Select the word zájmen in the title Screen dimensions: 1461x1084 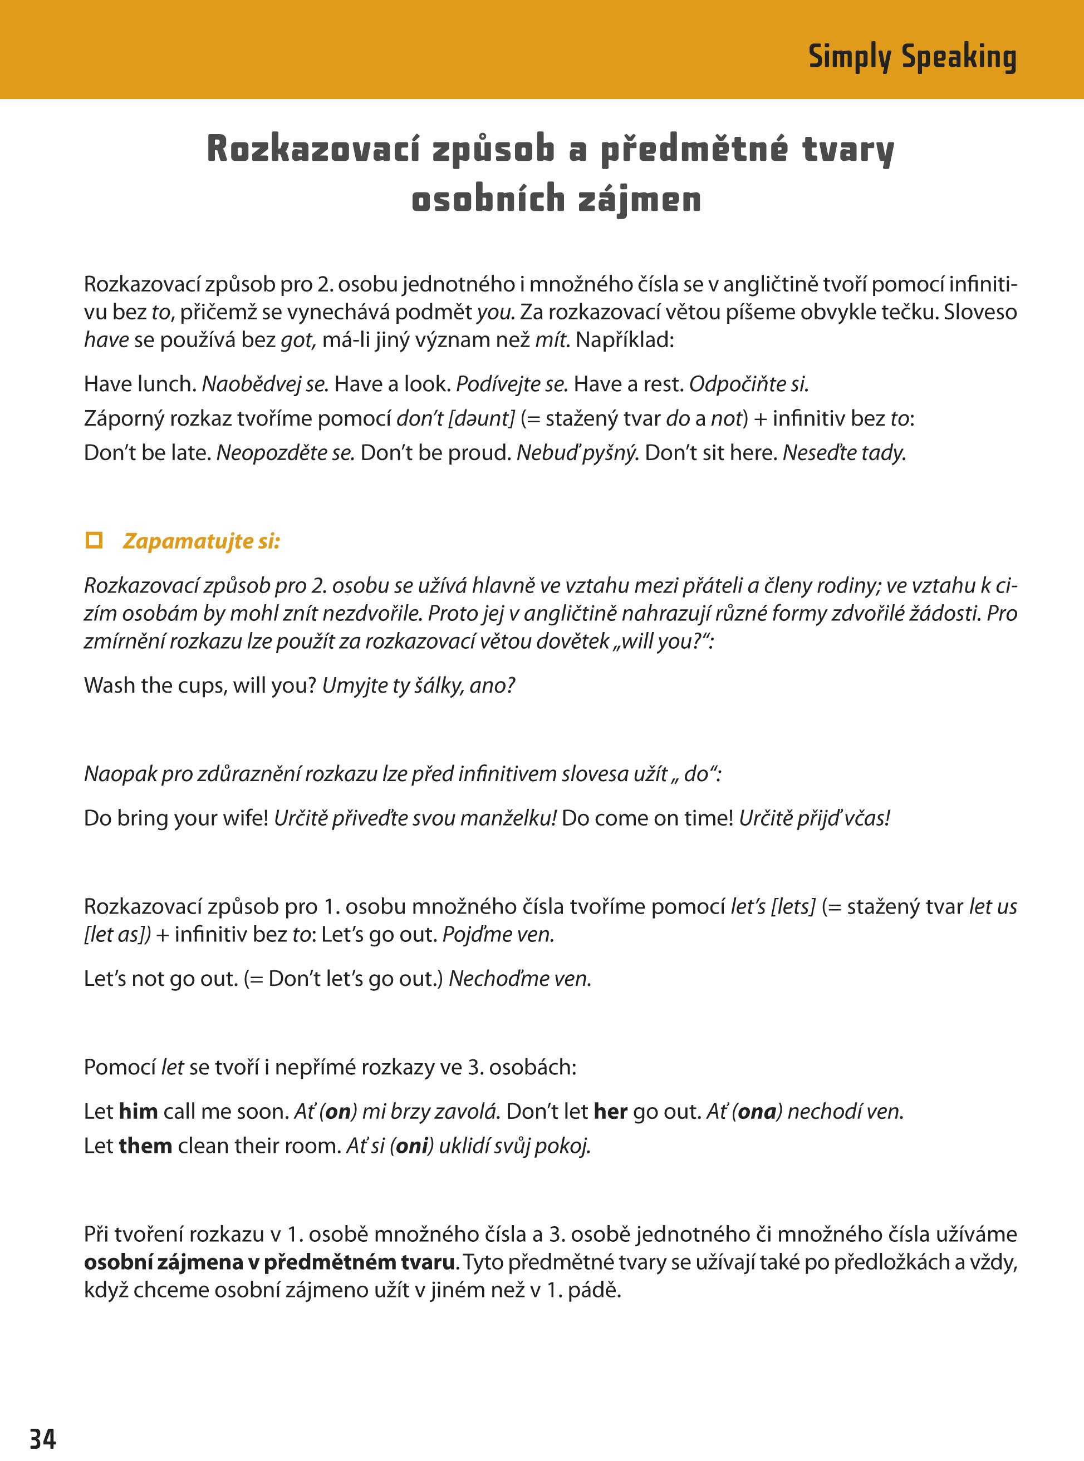(x=640, y=199)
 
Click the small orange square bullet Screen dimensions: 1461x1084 (x=95, y=540)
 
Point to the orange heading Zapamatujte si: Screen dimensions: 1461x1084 (x=202, y=541)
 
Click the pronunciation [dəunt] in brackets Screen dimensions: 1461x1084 (x=481, y=418)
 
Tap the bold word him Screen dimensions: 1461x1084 (x=139, y=1111)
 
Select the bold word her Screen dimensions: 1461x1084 (x=610, y=1111)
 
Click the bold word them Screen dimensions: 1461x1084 (x=146, y=1146)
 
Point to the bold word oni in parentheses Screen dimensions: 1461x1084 (x=412, y=1146)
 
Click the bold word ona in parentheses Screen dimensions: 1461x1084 (x=757, y=1111)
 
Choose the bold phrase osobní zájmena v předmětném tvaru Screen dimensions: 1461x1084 (x=269, y=1262)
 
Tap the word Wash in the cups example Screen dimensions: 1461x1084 (x=109, y=685)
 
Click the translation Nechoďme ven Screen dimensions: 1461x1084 (x=519, y=979)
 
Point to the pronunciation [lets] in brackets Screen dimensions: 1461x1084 (x=793, y=906)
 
